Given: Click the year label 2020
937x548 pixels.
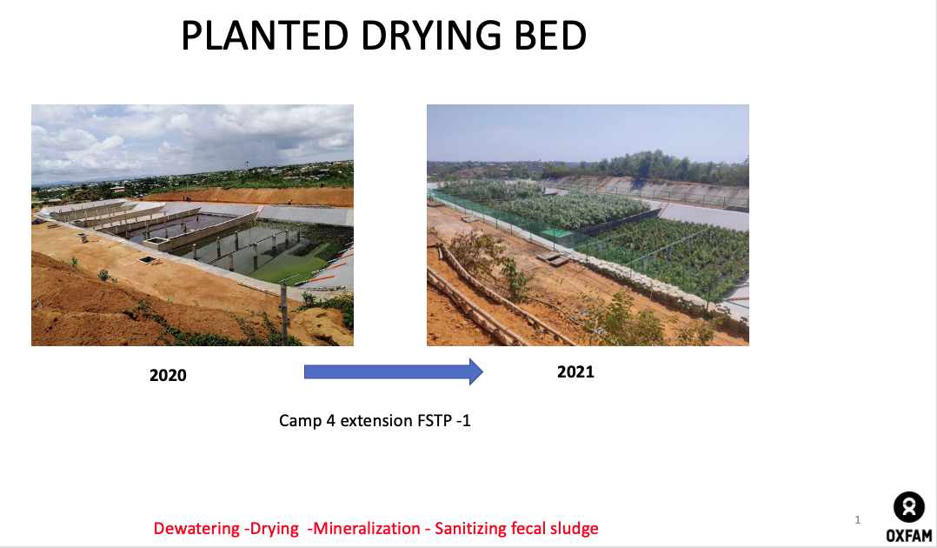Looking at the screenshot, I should (168, 376).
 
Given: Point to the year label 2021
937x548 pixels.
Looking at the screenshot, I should (575, 372).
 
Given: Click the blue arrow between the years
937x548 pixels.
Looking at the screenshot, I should (392, 371).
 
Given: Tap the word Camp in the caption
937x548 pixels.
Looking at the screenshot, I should (299, 421).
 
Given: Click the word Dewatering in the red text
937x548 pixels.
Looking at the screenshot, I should (196, 528).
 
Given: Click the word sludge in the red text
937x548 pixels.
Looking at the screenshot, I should (573, 528).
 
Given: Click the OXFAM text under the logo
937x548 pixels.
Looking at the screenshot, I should (909, 535).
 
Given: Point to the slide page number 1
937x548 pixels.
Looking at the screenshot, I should (858, 520).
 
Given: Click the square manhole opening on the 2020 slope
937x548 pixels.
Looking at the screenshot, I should (149, 258).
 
